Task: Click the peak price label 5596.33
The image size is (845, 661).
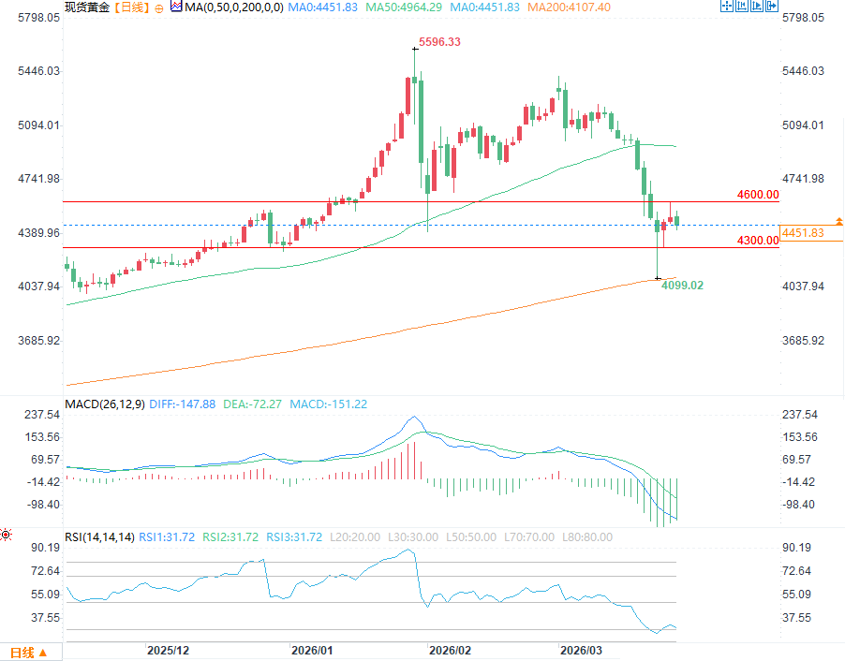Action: (440, 42)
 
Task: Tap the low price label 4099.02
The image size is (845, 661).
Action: (683, 285)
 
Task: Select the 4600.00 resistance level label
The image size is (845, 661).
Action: (758, 195)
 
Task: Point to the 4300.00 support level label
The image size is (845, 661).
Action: (758, 241)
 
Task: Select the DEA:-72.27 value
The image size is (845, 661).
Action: (252, 404)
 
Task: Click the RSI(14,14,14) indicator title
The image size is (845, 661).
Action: (98, 537)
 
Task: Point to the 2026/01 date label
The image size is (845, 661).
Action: (312, 650)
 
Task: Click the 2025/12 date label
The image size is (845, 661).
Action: (169, 650)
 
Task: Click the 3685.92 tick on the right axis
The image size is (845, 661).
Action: (803, 340)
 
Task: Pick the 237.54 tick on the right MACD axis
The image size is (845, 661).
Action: (800, 415)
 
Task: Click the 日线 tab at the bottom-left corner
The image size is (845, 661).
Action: (22, 653)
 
